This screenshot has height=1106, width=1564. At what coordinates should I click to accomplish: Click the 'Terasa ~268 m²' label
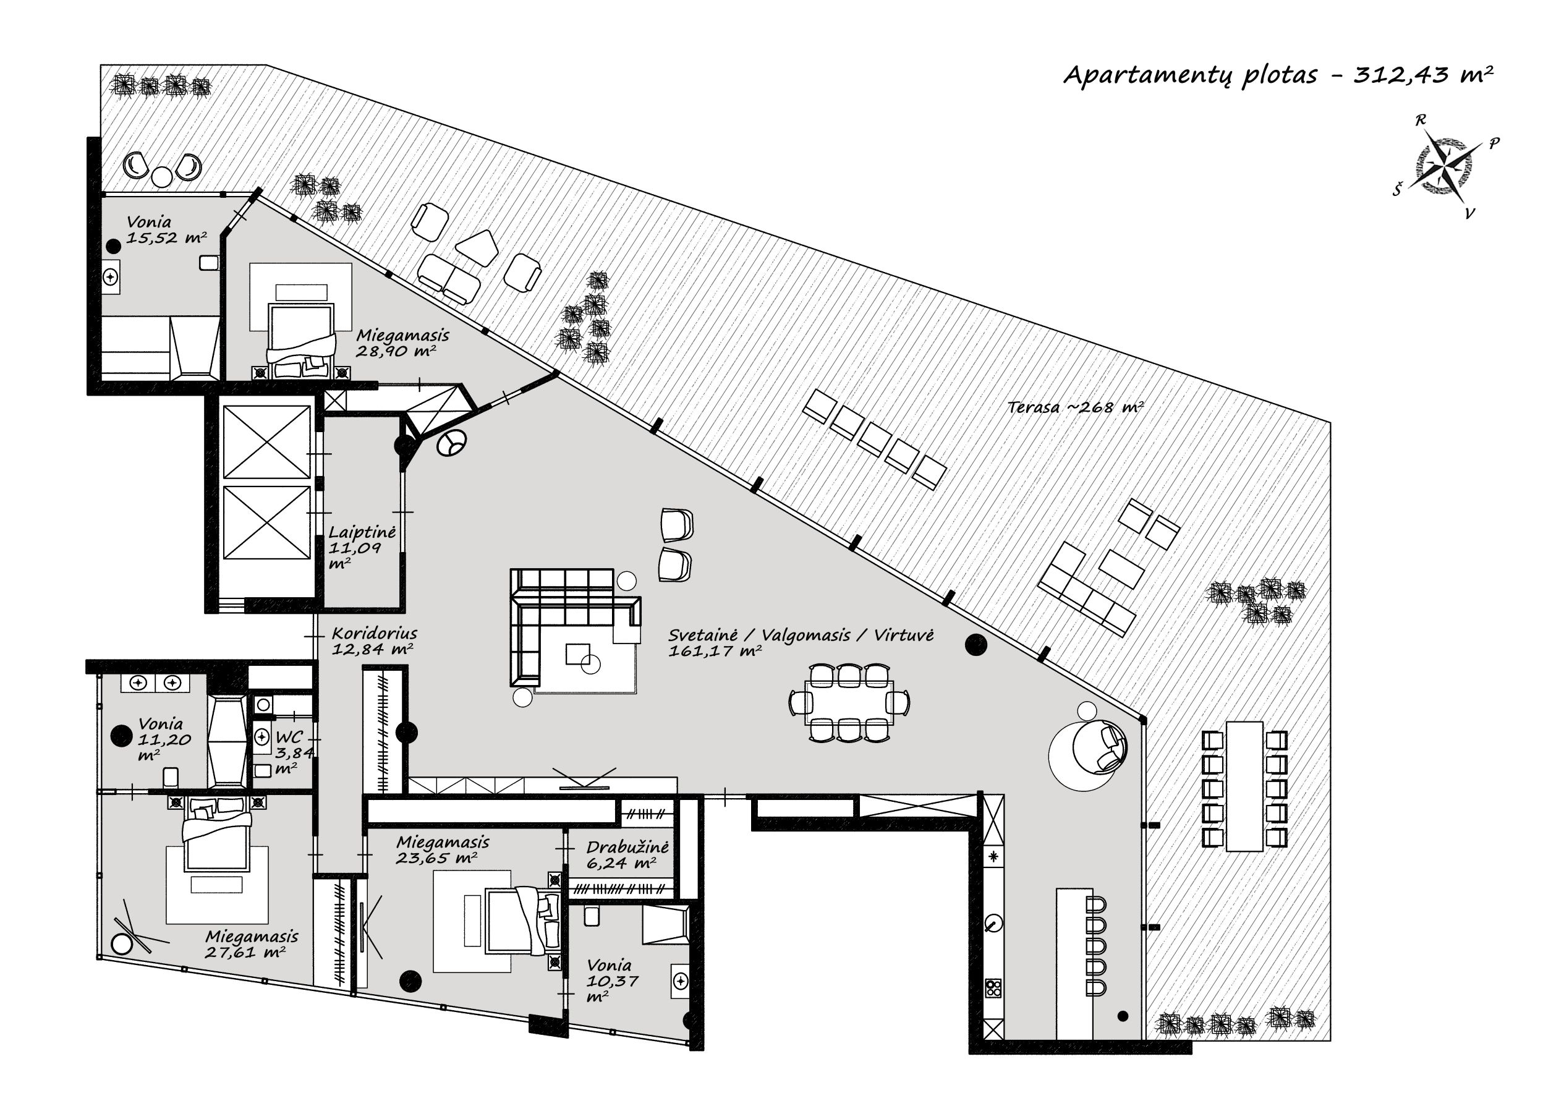[x=1076, y=407]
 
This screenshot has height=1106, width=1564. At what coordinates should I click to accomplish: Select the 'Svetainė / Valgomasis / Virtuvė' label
[x=801, y=635]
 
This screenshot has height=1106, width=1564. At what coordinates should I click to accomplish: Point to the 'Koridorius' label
[x=374, y=633]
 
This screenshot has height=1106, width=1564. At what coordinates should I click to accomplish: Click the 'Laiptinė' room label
[x=362, y=532]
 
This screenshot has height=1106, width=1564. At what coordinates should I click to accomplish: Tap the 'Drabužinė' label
[x=627, y=847]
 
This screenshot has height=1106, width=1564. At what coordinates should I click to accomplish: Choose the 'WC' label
[x=289, y=737]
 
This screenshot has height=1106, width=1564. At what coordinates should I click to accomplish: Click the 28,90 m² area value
[x=396, y=351]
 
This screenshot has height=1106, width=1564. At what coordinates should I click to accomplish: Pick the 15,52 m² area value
[x=166, y=237]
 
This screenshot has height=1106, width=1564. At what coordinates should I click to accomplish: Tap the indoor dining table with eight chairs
[x=849, y=702]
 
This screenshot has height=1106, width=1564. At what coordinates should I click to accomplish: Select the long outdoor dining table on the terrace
[x=1244, y=786]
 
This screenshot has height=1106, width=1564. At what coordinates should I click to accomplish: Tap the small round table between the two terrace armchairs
[x=162, y=177]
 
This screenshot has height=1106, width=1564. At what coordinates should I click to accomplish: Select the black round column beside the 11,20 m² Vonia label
[x=121, y=736]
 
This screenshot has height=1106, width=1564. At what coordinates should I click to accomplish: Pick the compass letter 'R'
[x=1420, y=121]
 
